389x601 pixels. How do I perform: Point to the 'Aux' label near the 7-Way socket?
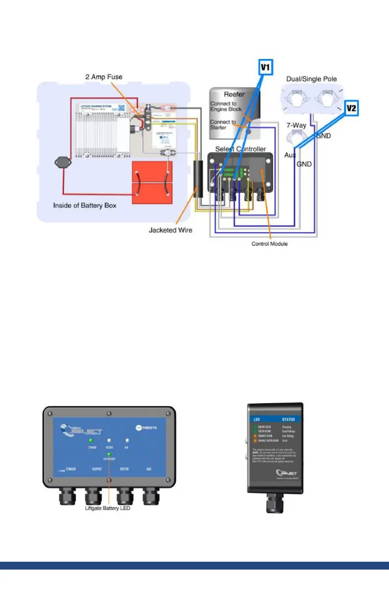(290, 155)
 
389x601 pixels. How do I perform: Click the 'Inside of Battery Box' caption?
(84, 205)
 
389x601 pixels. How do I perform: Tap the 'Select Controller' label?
(241, 149)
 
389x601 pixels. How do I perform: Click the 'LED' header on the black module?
(257, 420)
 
